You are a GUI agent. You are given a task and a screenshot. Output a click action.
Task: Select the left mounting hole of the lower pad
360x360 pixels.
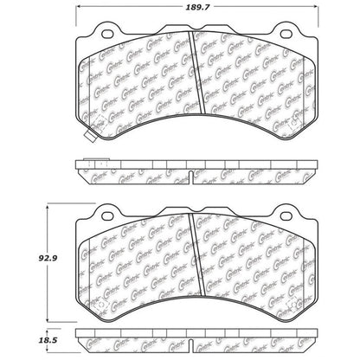107,214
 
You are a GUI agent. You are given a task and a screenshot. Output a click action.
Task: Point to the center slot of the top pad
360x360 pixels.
195,87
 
